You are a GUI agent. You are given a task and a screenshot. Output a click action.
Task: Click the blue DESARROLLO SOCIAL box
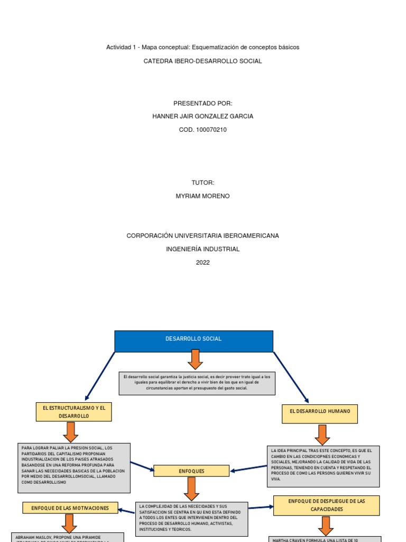(193, 341)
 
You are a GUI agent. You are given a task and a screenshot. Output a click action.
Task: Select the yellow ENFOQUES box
(191, 471)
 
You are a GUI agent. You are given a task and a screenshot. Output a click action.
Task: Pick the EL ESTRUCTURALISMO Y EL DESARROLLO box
(74, 412)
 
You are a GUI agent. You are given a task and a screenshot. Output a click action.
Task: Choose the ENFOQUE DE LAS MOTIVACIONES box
(70, 508)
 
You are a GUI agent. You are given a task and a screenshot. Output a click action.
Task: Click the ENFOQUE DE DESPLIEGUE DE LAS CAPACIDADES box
(327, 505)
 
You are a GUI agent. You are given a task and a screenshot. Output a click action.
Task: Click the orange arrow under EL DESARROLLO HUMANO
(322, 435)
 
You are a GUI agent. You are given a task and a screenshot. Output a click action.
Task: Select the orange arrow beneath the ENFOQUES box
(191, 489)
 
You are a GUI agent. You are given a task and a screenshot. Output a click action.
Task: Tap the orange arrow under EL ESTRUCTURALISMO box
(70, 432)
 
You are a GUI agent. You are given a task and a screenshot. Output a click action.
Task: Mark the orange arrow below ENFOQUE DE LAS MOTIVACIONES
(69, 523)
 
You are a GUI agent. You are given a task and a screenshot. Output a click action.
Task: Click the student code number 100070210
(202, 130)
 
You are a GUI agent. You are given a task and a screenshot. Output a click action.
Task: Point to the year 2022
(202, 262)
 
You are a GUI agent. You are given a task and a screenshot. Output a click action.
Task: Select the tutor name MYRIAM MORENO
(202, 196)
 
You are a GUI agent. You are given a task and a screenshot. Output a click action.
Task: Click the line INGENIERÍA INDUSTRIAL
(202, 249)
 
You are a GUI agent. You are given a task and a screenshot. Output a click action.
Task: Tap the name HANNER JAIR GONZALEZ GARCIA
(202, 116)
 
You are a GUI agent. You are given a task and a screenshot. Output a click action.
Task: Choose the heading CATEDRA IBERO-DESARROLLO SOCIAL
(202, 61)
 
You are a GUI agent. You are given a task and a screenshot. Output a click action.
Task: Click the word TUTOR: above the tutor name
(202, 183)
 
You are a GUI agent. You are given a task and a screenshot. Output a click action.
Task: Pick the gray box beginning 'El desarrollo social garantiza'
(197, 383)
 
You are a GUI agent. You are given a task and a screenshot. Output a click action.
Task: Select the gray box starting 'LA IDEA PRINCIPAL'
(322, 466)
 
